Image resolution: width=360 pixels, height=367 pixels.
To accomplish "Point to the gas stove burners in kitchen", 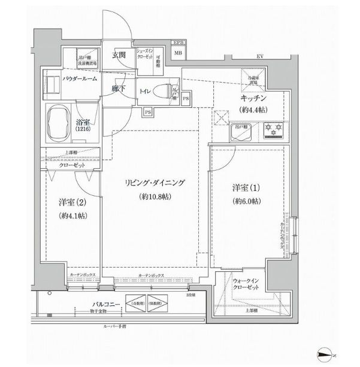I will point(275,128).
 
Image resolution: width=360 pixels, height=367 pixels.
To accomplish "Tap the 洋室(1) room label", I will point(247,187).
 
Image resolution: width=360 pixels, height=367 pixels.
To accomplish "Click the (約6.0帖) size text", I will point(247,202).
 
